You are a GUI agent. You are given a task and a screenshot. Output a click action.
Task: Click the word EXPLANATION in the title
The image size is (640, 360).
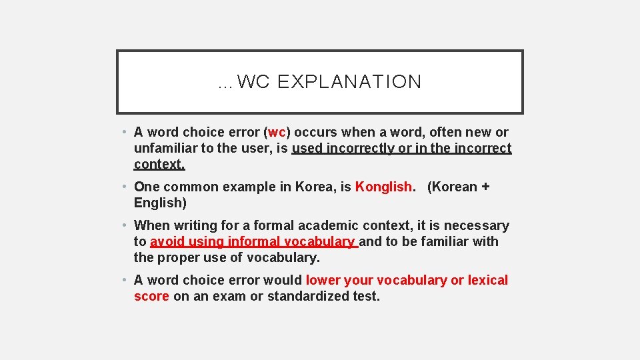coord(349,82)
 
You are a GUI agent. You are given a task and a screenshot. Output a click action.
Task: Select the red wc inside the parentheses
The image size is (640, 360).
coord(277,132)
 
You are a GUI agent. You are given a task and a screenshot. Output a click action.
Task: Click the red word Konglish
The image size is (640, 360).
coord(383,187)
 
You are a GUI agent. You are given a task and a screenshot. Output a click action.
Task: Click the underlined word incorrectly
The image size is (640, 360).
coord(361,148)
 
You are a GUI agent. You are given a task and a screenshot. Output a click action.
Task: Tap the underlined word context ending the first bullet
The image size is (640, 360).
coord(159,164)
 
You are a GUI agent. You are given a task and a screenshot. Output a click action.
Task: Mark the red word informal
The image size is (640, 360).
coord(254,241)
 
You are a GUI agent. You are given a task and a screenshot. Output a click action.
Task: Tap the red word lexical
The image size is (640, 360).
coord(488,280)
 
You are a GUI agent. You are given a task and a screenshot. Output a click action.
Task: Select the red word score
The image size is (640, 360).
coord(151,296)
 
